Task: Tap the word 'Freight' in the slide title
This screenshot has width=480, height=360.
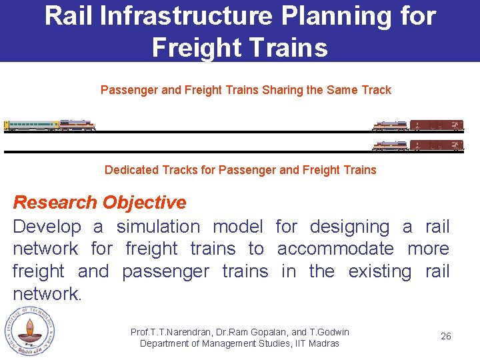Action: click(x=194, y=47)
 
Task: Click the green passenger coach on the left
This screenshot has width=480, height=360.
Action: click(x=31, y=125)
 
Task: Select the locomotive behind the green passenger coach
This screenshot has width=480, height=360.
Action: click(x=77, y=125)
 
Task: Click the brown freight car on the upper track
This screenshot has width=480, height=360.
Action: click(x=437, y=125)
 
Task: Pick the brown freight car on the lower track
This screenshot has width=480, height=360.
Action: click(x=437, y=145)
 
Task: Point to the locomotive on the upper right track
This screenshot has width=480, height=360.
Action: click(x=390, y=125)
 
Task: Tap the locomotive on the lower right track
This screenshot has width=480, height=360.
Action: click(x=390, y=145)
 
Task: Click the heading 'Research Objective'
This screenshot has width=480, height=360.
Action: click(x=100, y=203)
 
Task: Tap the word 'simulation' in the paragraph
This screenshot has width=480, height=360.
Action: click(x=158, y=227)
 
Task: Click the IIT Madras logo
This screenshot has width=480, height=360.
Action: click(x=28, y=331)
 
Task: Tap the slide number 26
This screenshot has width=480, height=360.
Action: click(x=445, y=336)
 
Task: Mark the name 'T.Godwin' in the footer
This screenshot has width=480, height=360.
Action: click(x=329, y=332)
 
